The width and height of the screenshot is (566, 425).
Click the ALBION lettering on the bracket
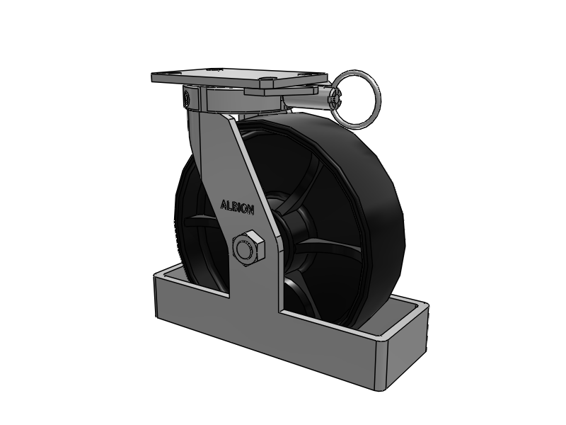[x=237, y=207]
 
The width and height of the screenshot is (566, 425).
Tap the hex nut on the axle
[x=248, y=249]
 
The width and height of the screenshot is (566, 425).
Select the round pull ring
[x=356, y=99]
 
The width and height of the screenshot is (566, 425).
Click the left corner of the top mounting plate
[x=152, y=77]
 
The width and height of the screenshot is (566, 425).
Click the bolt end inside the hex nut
[x=245, y=249]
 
